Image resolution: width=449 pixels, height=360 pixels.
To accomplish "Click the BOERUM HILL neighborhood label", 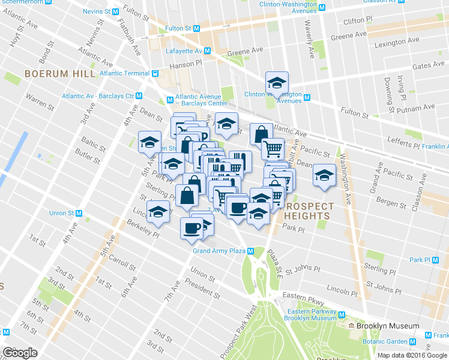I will pos(59,74).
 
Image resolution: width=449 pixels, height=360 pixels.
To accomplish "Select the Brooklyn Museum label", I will pos(387,326).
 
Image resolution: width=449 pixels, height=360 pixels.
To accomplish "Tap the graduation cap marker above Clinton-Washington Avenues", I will pos(277,83).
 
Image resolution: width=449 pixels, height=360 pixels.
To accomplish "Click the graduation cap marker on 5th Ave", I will pos(149,143).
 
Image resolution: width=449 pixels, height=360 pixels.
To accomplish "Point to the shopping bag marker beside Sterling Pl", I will pos(187,196).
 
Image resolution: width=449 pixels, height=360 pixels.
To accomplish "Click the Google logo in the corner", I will pos(19,353).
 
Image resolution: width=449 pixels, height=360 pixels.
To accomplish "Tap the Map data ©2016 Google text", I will pos(412,355).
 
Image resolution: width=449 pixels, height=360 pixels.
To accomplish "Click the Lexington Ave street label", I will pos(395,44).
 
